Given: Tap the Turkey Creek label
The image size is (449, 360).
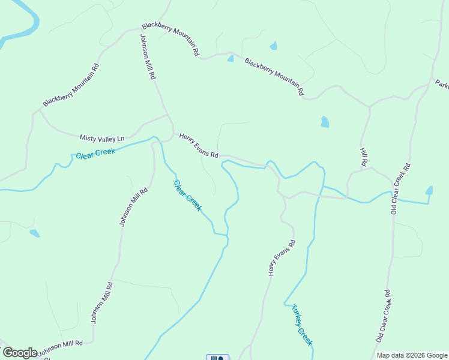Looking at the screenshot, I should (x=302, y=325).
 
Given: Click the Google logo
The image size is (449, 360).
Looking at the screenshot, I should (x=20, y=352).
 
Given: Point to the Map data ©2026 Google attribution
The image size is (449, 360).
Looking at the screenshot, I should (x=412, y=355).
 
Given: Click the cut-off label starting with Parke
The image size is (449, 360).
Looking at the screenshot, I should (x=442, y=85).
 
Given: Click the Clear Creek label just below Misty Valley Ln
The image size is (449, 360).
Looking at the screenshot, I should (x=95, y=154).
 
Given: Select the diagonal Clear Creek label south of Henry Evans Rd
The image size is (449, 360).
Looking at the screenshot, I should (x=188, y=196).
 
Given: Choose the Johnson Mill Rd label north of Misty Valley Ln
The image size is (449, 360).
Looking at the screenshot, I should (x=148, y=57).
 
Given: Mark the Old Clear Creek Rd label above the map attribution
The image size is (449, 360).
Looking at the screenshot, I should (x=384, y=316).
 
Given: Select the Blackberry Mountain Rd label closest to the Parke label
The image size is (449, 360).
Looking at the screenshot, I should (x=274, y=77).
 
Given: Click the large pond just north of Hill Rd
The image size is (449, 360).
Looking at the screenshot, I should (x=325, y=122).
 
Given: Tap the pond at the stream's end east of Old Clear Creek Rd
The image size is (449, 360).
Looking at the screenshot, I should (x=429, y=191).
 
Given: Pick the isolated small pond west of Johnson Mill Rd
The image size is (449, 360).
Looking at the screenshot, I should (x=34, y=233).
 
